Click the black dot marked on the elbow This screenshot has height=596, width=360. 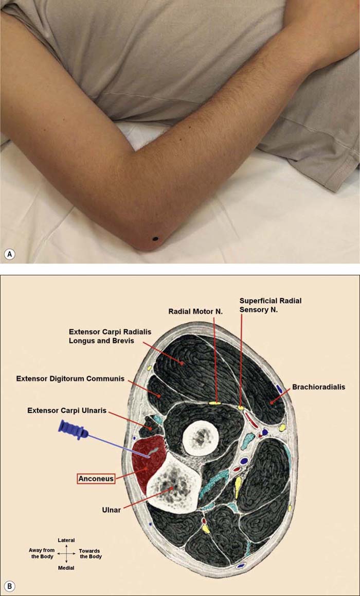156,238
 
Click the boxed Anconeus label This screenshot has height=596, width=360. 96,479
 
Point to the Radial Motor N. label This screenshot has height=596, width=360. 191,311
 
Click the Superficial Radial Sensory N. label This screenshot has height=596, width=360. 270,305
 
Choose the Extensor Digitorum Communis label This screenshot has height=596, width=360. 70,379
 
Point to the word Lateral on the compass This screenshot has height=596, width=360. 66,540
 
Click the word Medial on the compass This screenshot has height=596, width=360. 66,568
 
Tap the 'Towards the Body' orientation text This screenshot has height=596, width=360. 91,554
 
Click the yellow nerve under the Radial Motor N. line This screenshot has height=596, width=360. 215,402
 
